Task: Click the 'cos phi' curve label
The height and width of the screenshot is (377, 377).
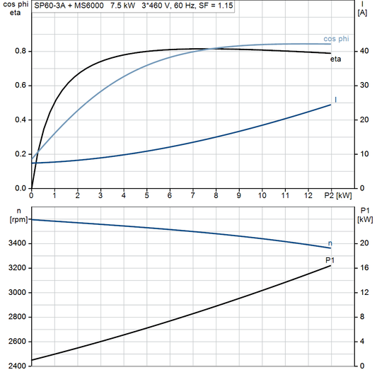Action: pyautogui.click(x=336, y=38)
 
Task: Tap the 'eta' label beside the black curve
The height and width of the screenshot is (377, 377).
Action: pyautogui.click(x=336, y=59)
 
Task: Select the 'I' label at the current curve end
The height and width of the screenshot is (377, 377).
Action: pyautogui.click(x=335, y=100)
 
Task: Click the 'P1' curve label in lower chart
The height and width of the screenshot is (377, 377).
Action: pyautogui.click(x=330, y=260)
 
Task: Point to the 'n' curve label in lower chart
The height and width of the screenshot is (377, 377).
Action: pyautogui.click(x=330, y=243)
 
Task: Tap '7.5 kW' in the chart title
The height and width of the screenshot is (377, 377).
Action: pyautogui.click(x=124, y=5)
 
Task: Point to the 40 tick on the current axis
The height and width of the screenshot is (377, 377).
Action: pyautogui.click(x=362, y=52)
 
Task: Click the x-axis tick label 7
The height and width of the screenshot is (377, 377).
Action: pyautogui.click(x=192, y=195)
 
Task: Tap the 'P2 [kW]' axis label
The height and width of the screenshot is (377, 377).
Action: pyautogui.click(x=338, y=195)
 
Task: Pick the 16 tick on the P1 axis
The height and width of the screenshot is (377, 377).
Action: pyautogui.click(x=362, y=269)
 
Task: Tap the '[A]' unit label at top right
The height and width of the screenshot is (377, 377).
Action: pyautogui.click(x=362, y=13)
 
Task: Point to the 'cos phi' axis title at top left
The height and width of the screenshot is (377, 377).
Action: pyautogui.click(x=15, y=4)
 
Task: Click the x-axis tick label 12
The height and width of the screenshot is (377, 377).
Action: pyautogui.click(x=307, y=195)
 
